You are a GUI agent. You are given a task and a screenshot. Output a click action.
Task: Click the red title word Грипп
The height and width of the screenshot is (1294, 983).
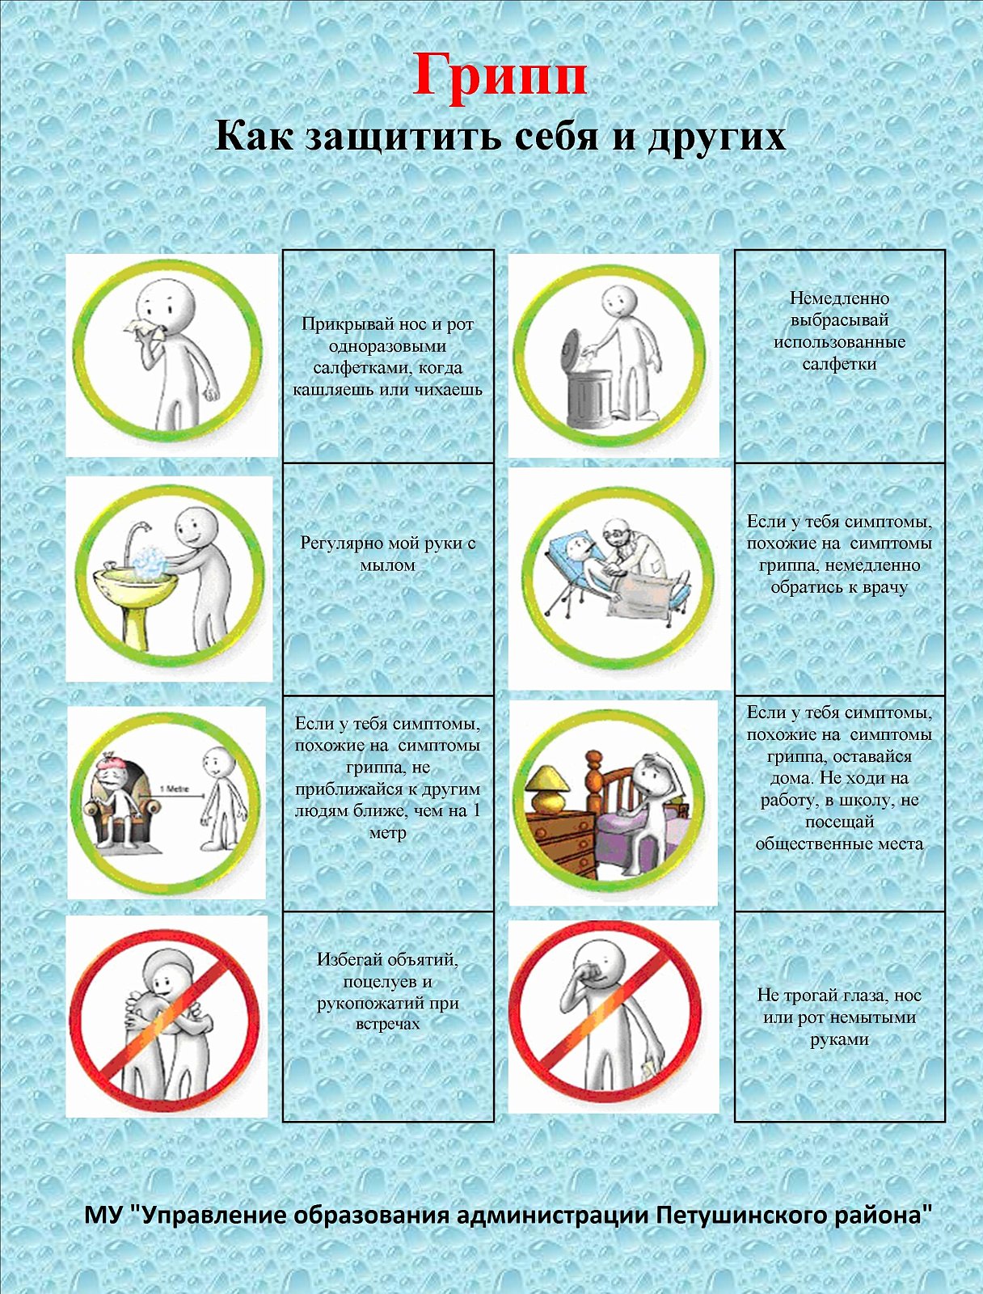click(500, 77)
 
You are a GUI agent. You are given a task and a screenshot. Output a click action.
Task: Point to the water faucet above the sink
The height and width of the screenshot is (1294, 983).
click(137, 539)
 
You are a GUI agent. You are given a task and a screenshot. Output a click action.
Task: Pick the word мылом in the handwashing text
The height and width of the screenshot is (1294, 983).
click(387, 565)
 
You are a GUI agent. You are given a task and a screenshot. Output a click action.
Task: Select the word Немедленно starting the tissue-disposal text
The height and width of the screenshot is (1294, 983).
click(839, 298)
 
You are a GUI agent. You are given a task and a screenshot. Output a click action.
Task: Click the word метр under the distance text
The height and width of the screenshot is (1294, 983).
click(387, 833)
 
